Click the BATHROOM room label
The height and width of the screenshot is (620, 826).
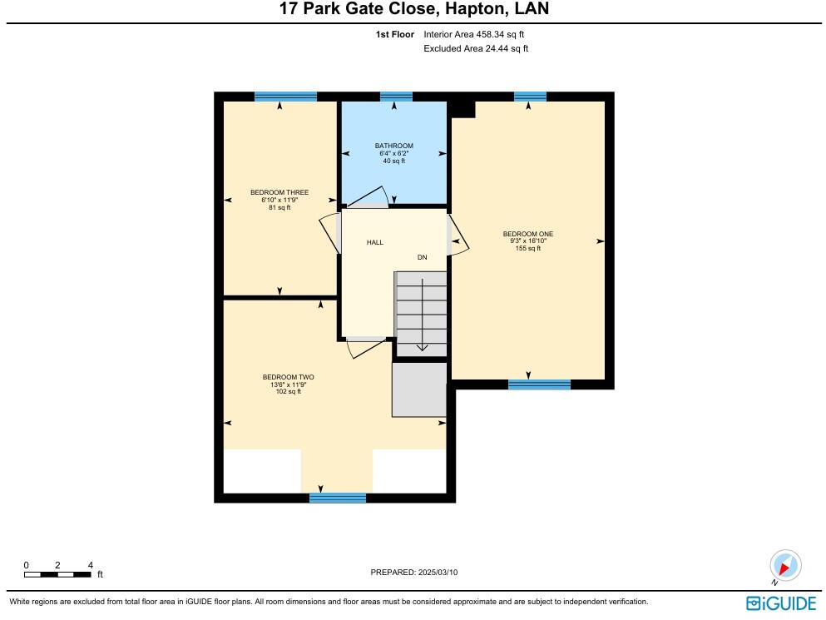click(x=394, y=146)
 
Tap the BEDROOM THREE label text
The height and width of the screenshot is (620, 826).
click(x=279, y=192)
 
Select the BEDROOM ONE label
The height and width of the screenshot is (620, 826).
click(x=528, y=234)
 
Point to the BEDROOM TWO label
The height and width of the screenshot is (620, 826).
click(x=288, y=377)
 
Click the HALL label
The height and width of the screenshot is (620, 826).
click(x=375, y=242)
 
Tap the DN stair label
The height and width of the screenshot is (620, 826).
click(x=422, y=257)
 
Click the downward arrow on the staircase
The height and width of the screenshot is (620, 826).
click(x=422, y=315)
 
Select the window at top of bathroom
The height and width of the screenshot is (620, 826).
click(x=396, y=97)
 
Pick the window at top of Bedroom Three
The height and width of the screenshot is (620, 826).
click(x=285, y=97)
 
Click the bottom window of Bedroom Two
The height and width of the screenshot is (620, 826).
click(x=338, y=498)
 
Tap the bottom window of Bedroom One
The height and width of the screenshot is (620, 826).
click(x=539, y=384)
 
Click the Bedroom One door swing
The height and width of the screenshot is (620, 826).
click(x=458, y=236)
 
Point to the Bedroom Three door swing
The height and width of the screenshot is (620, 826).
click(x=329, y=233)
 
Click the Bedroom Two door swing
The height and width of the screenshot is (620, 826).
click(x=367, y=348)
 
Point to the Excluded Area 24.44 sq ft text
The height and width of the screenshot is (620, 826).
click(x=476, y=48)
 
